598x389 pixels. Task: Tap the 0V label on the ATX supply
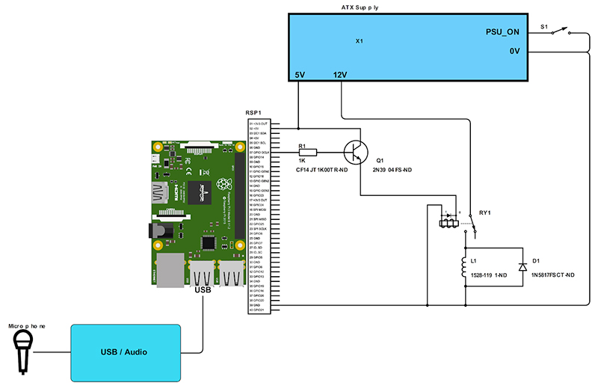[514, 51]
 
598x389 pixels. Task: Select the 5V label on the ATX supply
[300, 75]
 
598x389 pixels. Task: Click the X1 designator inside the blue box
[359, 41]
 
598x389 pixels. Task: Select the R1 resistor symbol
[307, 153]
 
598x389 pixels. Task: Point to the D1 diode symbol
[522, 267]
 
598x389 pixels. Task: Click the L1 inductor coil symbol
[466, 267]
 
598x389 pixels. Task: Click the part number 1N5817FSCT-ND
[553, 276]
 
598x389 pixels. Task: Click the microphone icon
[22, 351]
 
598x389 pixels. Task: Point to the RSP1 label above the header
[253, 112]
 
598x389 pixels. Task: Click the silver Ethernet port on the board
[170, 271]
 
